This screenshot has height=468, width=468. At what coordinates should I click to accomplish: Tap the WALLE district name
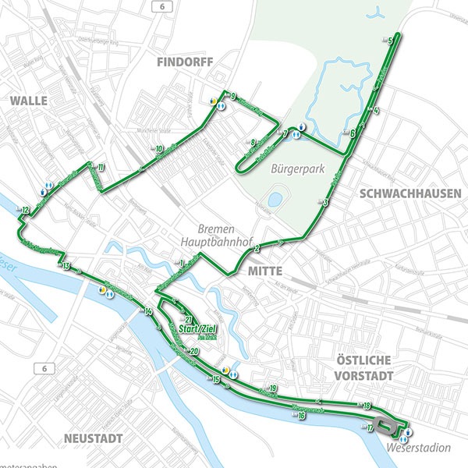coord(29,101)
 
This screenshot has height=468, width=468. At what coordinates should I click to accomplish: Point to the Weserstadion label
coord(419,448)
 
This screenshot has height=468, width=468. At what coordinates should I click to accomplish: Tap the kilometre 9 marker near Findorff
coord(232,96)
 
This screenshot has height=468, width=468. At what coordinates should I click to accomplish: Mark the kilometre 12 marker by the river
coord(25,210)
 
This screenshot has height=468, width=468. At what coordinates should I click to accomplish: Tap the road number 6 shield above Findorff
coord(161,5)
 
